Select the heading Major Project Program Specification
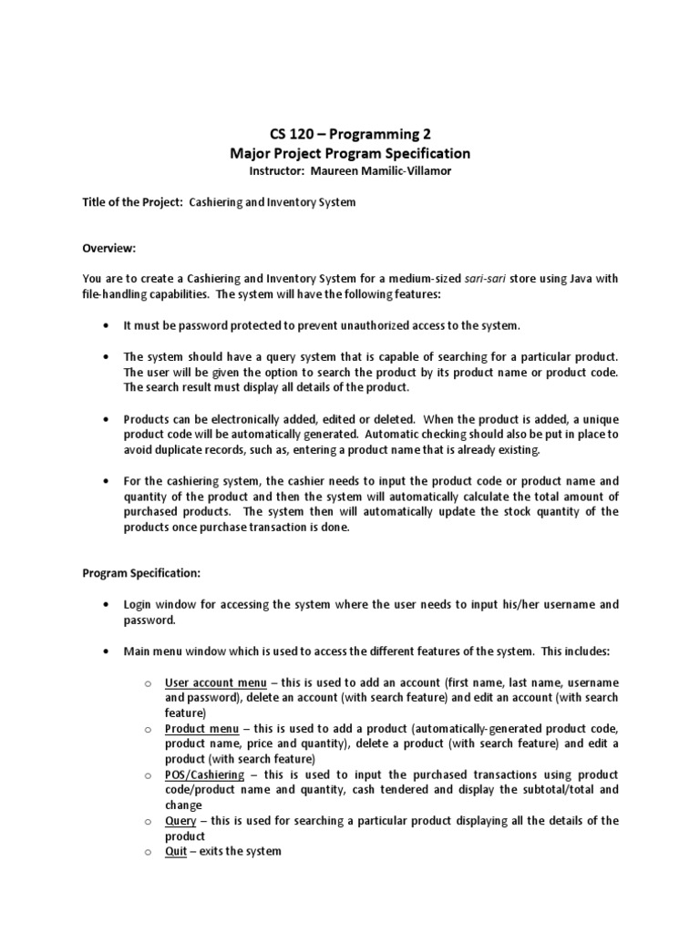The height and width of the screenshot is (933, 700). pos(350,153)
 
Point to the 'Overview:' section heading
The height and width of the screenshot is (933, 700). pos(109,248)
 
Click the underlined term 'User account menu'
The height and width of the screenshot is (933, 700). pos(216,682)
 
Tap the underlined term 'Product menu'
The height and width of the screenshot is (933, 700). pos(202,729)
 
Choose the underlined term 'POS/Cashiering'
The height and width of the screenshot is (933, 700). pos(205,774)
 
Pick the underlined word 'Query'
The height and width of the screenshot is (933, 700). pos(180,821)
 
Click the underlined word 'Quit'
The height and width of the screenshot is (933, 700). pos(176,851)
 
